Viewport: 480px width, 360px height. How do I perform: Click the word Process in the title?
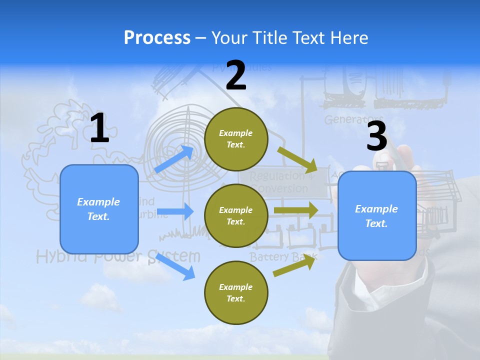click(157, 37)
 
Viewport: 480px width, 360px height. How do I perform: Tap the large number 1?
click(99, 128)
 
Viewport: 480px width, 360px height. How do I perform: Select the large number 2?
click(236, 76)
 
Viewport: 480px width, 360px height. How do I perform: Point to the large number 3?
click(376, 136)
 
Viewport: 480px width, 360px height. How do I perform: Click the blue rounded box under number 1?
click(99, 209)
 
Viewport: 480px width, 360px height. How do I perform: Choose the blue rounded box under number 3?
click(377, 216)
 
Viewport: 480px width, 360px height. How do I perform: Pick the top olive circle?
click(236, 139)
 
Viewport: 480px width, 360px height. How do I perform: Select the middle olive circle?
click(236, 216)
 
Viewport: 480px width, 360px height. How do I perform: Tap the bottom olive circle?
click(236, 292)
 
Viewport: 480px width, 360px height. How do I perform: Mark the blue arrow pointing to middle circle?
click(175, 211)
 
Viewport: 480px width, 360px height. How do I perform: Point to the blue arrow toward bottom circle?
click(175, 266)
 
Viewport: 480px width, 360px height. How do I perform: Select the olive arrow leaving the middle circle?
click(296, 210)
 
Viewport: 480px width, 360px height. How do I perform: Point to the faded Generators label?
click(354, 120)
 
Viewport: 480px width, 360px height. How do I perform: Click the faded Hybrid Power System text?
click(118, 257)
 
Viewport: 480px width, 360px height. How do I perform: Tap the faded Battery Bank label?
click(283, 257)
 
